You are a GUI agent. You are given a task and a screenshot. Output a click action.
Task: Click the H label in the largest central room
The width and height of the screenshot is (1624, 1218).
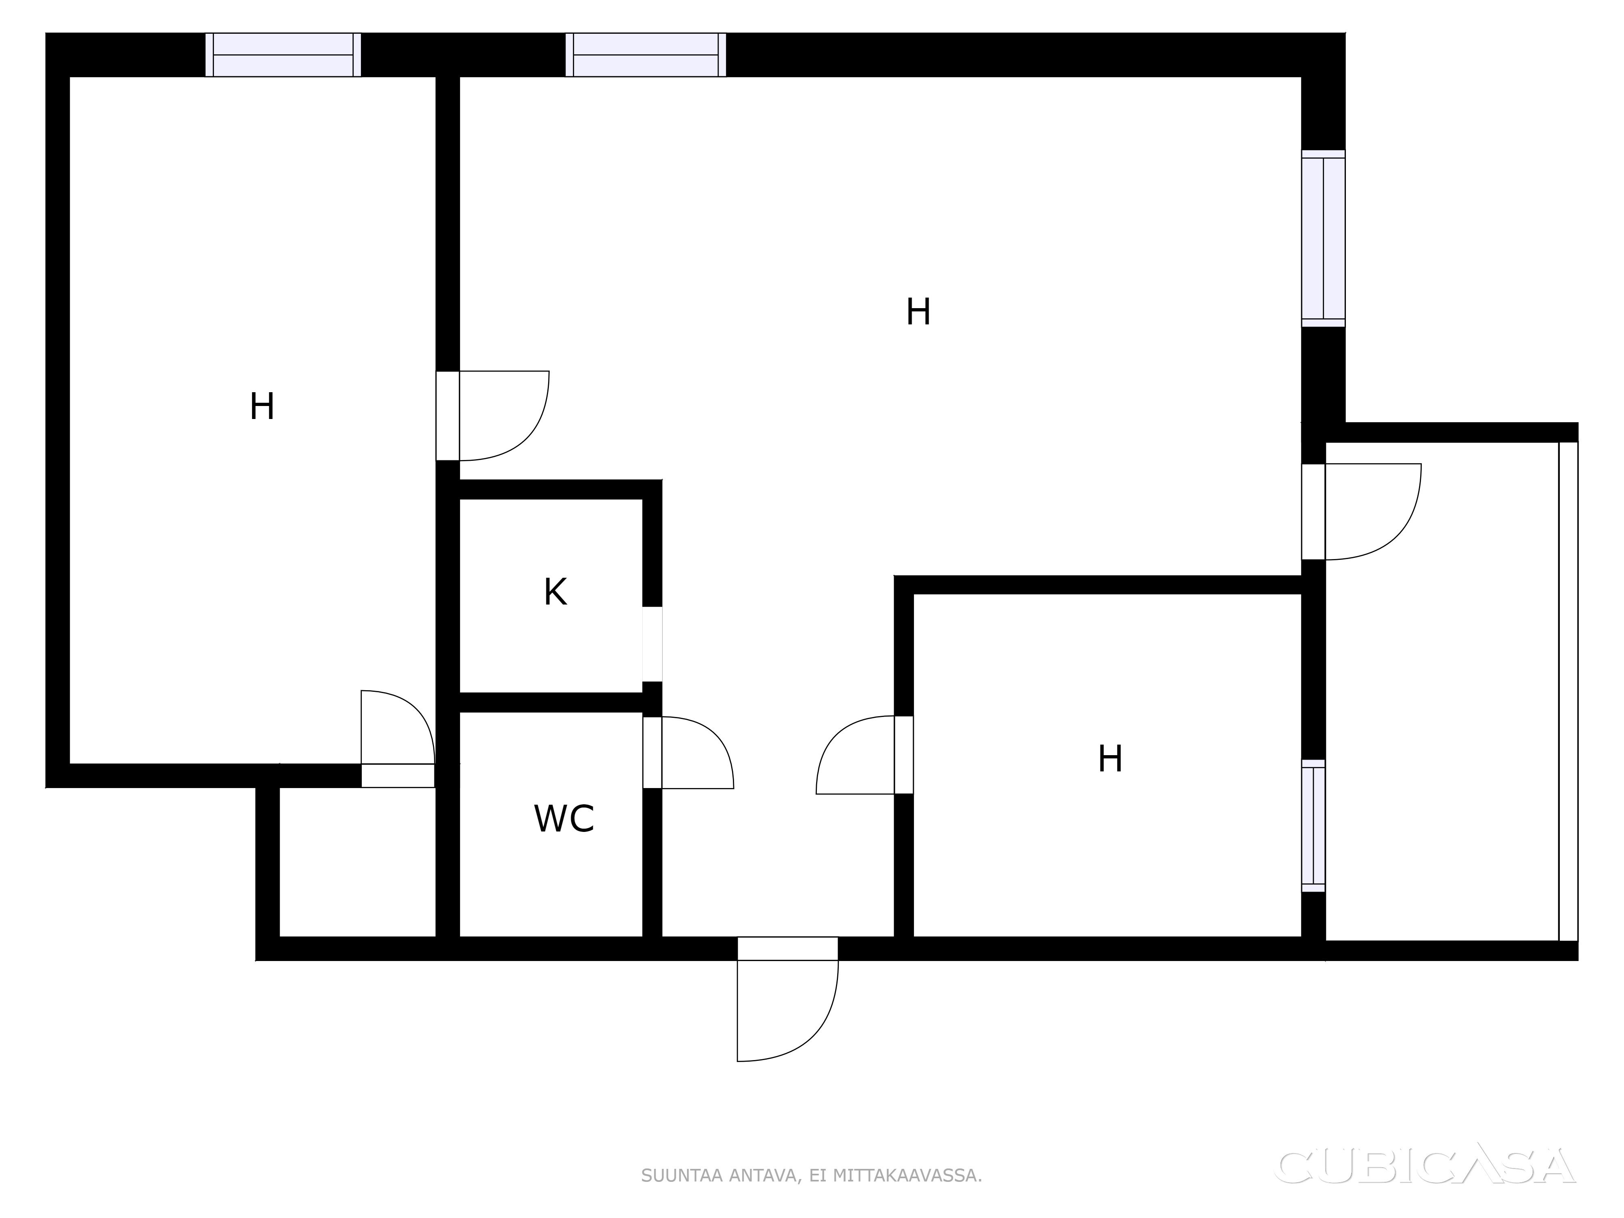click(x=918, y=312)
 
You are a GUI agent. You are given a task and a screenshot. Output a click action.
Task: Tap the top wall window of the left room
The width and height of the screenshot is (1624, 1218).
click(x=283, y=55)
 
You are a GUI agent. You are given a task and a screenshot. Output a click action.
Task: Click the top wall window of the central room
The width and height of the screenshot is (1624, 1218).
click(x=646, y=55)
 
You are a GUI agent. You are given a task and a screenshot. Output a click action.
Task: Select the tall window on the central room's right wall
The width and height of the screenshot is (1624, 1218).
click(x=1323, y=239)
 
